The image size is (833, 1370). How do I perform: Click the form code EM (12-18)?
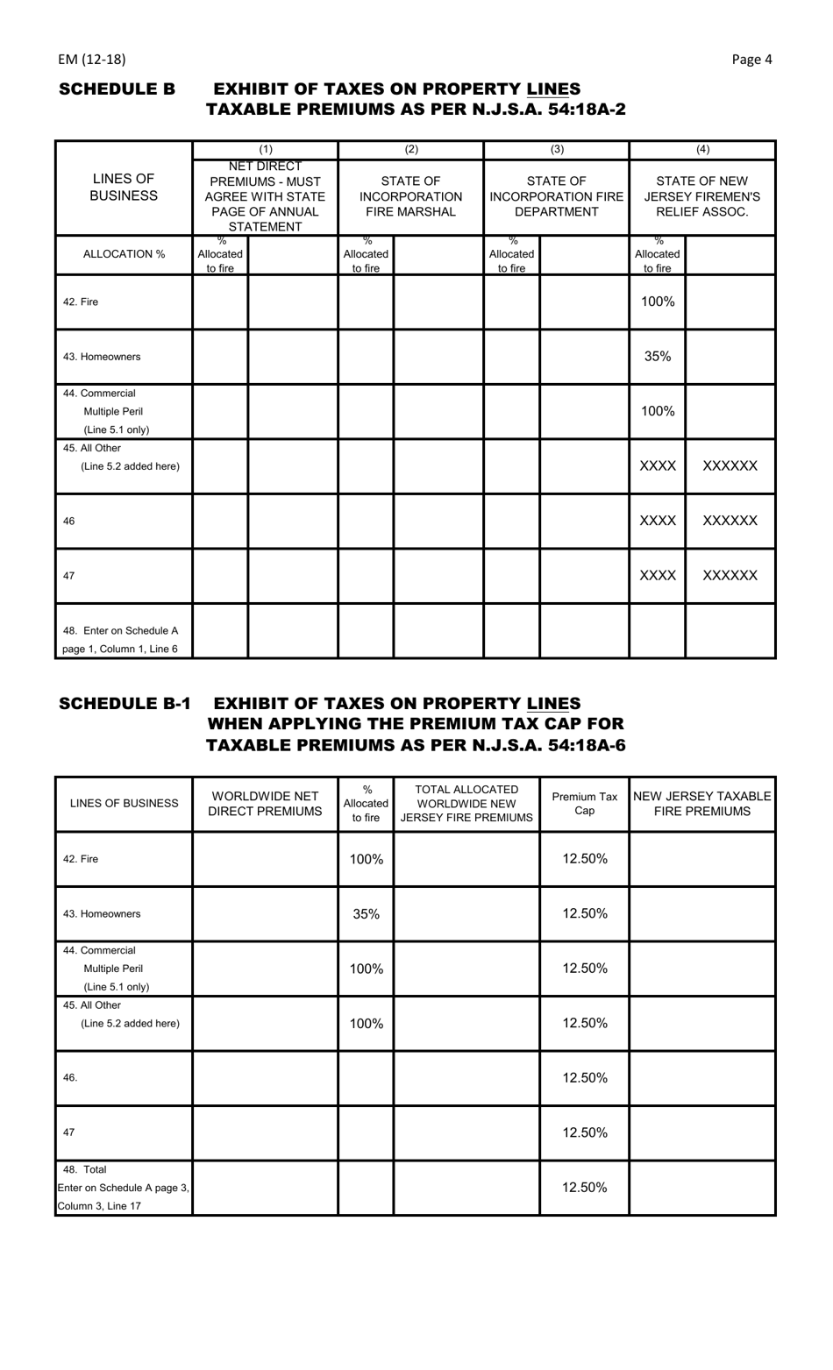pyautogui.click(x=92, y=60)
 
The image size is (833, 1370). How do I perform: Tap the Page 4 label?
pyautogui.click(x=751, y=60)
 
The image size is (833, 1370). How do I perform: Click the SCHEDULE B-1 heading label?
pyautogui.click(x=124, y=704)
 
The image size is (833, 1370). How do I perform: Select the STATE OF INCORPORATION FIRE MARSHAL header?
pyautogui.click(x=410, y=197)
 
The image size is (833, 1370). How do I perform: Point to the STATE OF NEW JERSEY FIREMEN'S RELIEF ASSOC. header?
pyautogui.click(x=701, y=197)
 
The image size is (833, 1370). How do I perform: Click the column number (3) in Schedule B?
pyautogui.click(x=556, y=150)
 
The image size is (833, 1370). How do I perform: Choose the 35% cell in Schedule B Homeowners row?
pyautogui.click(x=658, y=357)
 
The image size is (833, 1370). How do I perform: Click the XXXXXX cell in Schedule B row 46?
pyautogui.click(x=730, y=521)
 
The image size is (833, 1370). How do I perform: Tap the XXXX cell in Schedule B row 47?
pyautogui.click(x=658, y=576)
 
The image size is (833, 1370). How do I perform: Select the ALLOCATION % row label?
pyautogui.click(x=124, y=255)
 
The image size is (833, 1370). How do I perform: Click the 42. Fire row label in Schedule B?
pyautogui.click(x=81, y=302)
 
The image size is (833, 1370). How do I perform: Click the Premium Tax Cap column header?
pyautogui.click(x=584, y=804)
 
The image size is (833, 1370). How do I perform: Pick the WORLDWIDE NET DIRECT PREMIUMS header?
pyautogui.click(x=265, y=804)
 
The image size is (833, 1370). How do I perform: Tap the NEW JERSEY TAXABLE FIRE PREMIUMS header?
pyautogui.click(x=701, y=804)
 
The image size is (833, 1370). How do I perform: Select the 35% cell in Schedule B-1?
pyautogui.click(x=366, y=914)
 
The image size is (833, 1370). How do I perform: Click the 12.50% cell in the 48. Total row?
pyautogui.click(x=584, y=1188)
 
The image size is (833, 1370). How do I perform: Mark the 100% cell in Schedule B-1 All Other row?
pyautogui.click(x=366, y=1024)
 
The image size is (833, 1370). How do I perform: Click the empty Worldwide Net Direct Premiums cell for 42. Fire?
pyautogui.click(x=265, y=859)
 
